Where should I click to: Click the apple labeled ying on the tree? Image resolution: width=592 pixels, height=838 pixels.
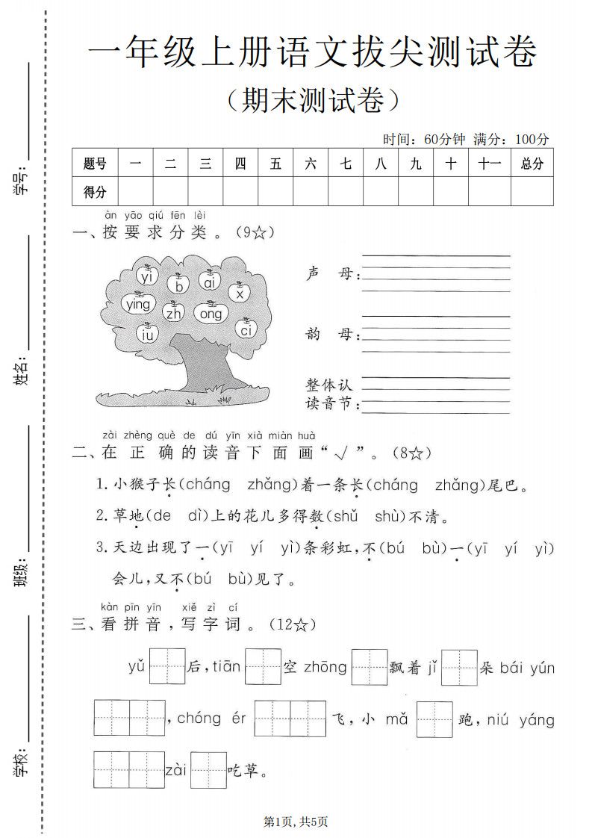pyautogui.click(x=138, y=303)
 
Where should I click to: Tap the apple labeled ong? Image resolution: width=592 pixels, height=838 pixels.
pyautogui.click(x=211, y=314)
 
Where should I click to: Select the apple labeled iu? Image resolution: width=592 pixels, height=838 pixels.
pyautogui.click(x=146, y=335)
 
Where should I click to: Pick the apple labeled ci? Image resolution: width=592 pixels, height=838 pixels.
pyautogui.click(x=246, y=329)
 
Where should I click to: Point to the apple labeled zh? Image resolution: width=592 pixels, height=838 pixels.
pyautogui.click(x=174, y=313)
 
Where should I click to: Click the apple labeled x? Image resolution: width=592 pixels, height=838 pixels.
pyautogui.click(x=240, y=294)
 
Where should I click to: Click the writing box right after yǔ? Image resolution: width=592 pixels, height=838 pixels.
pyautogui.click(x=167, y=666)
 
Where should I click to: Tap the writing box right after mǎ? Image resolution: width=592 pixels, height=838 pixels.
pyautogui.click(x=434, y=719)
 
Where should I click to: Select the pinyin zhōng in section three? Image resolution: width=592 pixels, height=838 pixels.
pyautogui.click(x=325, y=667)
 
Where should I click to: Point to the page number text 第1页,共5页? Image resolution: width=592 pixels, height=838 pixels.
pyautogui.click(x=296, y=822)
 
